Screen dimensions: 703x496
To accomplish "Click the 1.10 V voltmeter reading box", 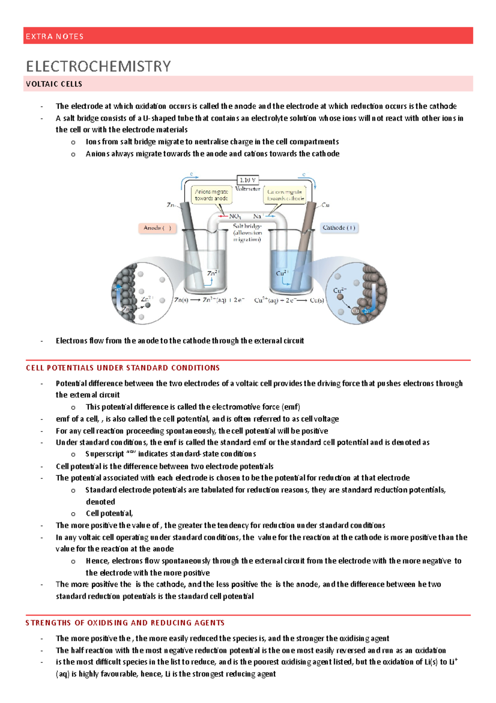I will click(x=248, y=180).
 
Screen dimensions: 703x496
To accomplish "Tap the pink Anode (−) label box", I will click(x=157, y=228).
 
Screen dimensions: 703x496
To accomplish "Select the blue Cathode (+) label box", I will click(x=339, y=228).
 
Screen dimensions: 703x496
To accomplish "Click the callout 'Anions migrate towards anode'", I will click(x=211, y=195).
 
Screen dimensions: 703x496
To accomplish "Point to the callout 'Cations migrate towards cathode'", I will click(x=285, y=195).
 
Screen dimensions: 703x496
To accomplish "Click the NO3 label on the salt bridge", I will click(x=235, y=216).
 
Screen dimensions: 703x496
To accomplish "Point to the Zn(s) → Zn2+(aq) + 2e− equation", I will click(x=209, y=300).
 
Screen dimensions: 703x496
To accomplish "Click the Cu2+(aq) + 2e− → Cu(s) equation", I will click(x=289, y=300).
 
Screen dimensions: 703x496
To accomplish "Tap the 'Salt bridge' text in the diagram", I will click(x=247, y=226).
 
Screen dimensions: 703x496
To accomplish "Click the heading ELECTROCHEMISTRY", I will click(x=98, y=66).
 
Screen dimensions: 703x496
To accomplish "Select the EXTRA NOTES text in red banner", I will click(x=55, y=36).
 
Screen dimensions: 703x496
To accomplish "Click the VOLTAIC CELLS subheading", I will click(x=54, y=84).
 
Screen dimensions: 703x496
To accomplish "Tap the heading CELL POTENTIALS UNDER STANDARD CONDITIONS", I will click(x=123, y=368).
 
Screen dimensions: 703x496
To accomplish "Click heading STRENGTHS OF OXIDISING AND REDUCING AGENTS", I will click(x=125, y=623).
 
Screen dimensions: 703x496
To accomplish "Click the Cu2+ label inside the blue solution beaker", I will click(x=282, y=273).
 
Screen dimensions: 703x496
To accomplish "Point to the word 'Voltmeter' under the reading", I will click(x=248, y=189).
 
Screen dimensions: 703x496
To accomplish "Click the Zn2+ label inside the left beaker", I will click(x=213, y=273).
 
